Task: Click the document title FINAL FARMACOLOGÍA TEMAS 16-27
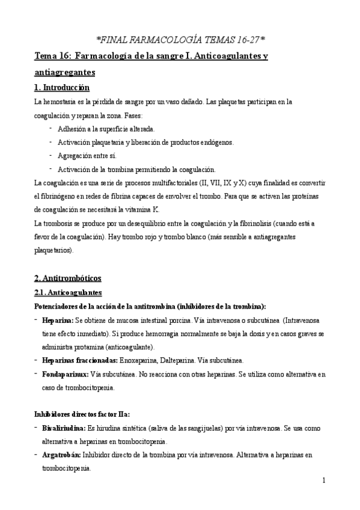coord(180,40)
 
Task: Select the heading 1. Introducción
coord(64,88)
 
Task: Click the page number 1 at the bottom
coord(323,480)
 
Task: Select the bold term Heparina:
coord(58,320)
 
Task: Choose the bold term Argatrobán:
coord(63,455)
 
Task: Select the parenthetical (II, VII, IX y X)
coord(223,182)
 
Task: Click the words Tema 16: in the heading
coord(53,57)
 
